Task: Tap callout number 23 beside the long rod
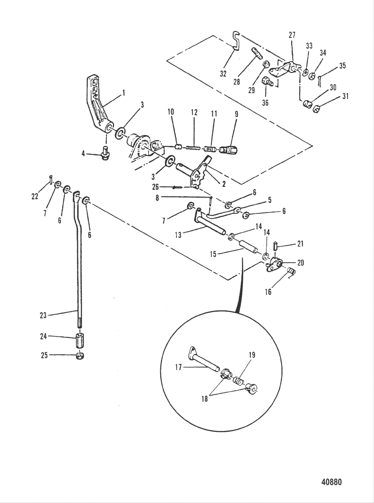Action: coord(43,315)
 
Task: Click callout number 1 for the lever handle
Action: coord(123,92)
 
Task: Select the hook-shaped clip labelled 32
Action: coord(236,41)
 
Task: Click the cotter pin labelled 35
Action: coord(320,79)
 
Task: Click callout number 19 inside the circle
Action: coord(252,355)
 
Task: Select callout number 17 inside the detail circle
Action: coord(178,367)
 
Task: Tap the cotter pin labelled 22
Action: coord(49,179)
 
